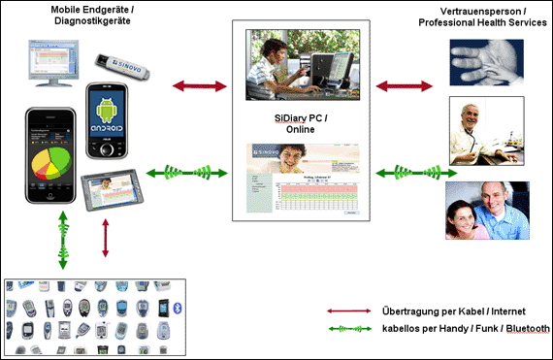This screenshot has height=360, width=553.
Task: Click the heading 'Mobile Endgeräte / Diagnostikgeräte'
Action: [x=93, y=16]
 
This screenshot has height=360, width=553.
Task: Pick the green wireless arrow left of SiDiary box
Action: [x=187, y=174]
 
